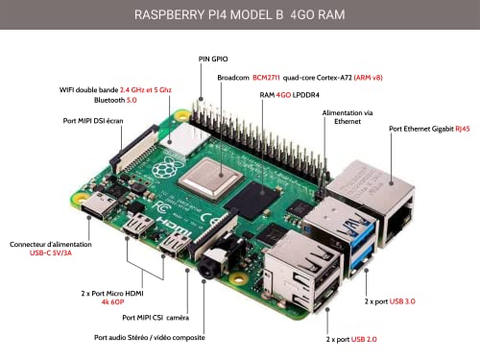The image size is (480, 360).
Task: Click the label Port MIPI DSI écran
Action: point(90,121)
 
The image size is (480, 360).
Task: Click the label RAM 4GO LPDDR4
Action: point(292,96)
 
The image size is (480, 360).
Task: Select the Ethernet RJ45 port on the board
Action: point(384,204)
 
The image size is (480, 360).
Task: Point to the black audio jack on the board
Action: point(204,272)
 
